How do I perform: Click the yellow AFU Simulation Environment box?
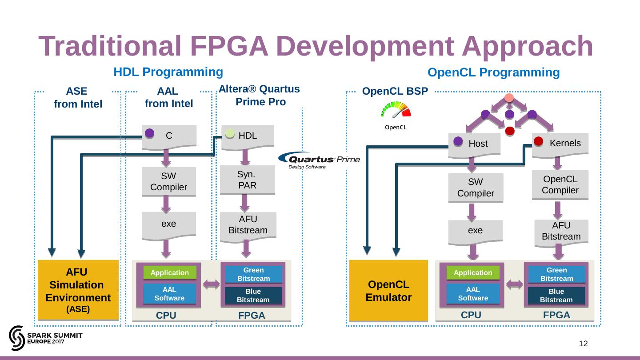(x=78, y=290)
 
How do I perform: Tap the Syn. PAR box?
(x=248, y=180)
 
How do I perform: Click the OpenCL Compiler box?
(x=560, y=185)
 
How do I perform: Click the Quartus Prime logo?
(x=319, y=160)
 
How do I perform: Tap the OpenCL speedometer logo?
(x=395, y=116)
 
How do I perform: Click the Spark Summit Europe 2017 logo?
(x=45, y=338)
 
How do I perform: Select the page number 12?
(x=583, y=344)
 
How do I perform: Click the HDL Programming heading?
(x=168, y=72)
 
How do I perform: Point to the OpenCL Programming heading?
(x=493, y=72)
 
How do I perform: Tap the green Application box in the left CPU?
(x=169, y=272)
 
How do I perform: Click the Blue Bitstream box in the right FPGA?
(x=556, y=296)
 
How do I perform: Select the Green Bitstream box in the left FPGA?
(x=253, y=274)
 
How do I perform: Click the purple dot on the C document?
(x=150, y=133)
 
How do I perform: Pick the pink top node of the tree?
(x=509, y=98)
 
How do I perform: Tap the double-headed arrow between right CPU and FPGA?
(x=514, y=284)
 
